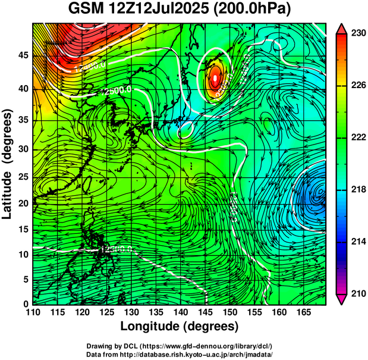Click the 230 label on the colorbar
(x=357, y=33)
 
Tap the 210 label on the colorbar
(x=357, y=294)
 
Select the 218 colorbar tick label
(x=357, y=190)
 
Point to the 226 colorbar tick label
(x=357, y=86)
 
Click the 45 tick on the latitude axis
(x=23, y=55)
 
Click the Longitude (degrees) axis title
(x=180, y=327)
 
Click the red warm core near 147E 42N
(x=215, y=77)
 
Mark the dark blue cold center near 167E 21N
(x=315, y=195)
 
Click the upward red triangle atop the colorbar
(x=341, y=27)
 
